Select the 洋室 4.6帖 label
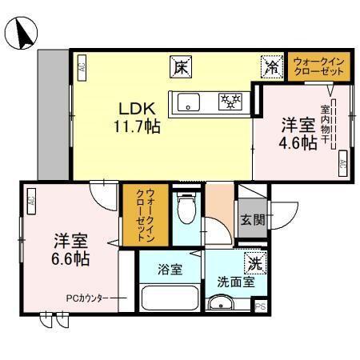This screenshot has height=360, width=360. point(298,135)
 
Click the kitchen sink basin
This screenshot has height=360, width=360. point(190,102)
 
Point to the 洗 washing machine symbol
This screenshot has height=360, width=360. point(254,262)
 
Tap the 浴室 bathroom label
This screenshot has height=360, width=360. point(168,270)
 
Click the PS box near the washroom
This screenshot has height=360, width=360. point(259,306)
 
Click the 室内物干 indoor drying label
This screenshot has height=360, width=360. point(326,126)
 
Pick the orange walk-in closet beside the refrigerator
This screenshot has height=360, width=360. point(319,66)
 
